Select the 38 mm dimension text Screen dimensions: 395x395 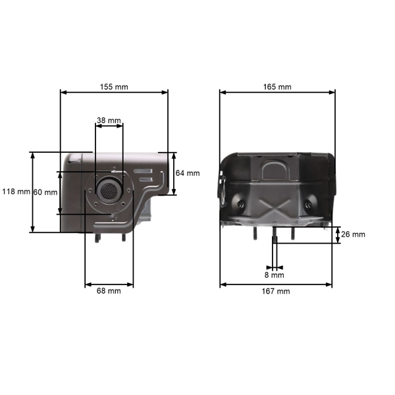click(x=109, y=120)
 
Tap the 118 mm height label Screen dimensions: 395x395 click(x=15, y=192)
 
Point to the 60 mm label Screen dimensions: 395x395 click(x=45, y=192)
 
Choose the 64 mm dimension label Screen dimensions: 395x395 click(x=188, y=173)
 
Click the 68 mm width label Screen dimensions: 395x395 click(x=109, y=290)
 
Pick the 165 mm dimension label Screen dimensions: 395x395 click(x=276, y=87)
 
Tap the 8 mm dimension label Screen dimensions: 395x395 click(x=274, y=275)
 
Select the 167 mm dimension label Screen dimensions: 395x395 click(x=276, y=291)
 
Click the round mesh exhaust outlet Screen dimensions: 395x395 click(x=107, y=191)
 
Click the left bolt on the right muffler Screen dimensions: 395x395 click(x=243, y=203)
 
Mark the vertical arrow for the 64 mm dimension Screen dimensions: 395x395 click(x=174, y=174)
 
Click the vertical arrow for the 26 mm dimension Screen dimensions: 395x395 click(x=337, y=235)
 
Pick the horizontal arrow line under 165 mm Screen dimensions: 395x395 click(x=276, y=93)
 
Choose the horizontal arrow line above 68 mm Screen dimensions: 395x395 click(x=109, y=285)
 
